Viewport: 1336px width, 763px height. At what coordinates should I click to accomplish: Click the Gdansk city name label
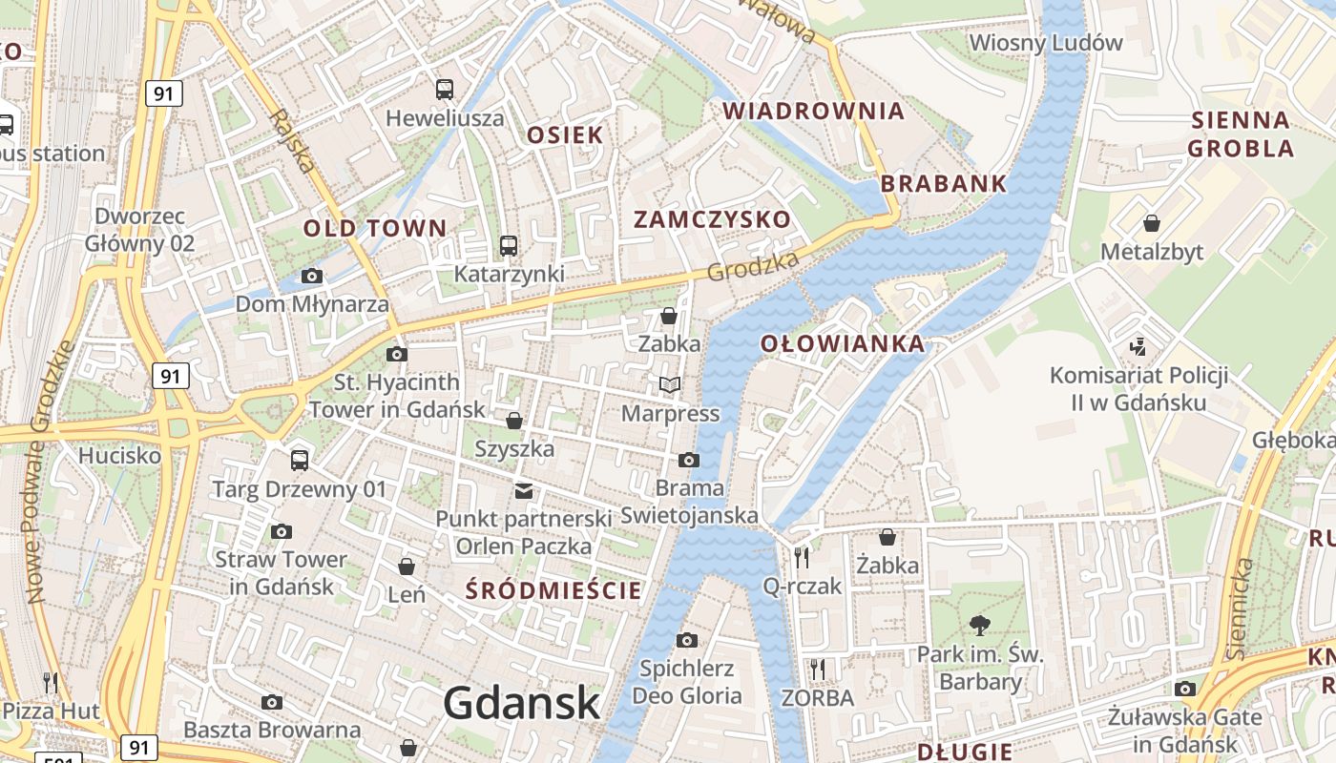coord(522,704)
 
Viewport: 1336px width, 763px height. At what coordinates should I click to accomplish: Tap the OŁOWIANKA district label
coord(843,344)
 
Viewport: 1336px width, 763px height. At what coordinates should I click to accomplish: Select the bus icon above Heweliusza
coord(445,90)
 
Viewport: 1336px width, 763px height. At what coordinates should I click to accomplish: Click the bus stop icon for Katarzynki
coord(509,246)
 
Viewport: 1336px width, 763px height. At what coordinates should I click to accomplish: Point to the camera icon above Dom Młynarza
coord(311,277)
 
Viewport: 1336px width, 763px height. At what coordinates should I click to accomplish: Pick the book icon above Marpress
coord(670,385)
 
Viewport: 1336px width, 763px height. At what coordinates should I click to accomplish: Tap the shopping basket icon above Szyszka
coord(514,421)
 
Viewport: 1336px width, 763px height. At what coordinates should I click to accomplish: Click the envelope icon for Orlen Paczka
coord(524,491)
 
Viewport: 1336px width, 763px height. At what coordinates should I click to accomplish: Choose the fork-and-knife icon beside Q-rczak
coord(802,558)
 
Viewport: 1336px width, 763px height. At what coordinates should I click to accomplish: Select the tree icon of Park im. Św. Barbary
coord(978,626)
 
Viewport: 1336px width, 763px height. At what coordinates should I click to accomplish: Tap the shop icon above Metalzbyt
coord(1152,223)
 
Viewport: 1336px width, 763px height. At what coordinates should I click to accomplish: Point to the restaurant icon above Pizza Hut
coord(51,682)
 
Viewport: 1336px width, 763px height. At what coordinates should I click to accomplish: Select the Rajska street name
coord(292,141)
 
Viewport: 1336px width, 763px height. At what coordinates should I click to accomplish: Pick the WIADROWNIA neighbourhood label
coord(813,111)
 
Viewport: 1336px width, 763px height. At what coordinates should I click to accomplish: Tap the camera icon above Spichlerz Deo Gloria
coord(687,640)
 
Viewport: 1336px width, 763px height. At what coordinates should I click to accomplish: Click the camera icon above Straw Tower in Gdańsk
coord(281,531)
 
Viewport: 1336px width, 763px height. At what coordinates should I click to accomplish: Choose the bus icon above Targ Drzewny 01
coord(300,461)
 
